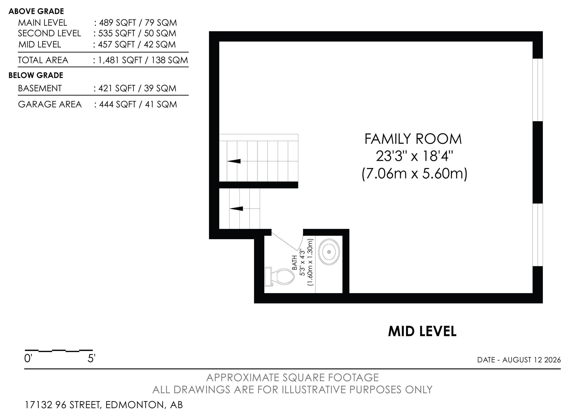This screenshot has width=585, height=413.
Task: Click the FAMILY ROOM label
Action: (413, 139)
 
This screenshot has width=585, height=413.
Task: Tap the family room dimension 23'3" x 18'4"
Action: (415, 156)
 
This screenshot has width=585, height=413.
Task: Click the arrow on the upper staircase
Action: (234, 161)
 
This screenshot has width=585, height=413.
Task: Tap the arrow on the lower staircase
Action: (236, 209)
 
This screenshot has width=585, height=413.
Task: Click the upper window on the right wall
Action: (538, 90)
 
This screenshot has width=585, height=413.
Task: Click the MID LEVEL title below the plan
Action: (422, 332)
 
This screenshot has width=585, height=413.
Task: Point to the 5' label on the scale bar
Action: (91, 359)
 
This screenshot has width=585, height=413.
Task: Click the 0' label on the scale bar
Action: (28, 359)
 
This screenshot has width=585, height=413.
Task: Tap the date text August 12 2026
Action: (531, 360)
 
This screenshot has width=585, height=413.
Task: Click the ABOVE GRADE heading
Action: (36, 11)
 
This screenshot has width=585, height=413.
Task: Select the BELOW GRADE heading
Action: (36, 75)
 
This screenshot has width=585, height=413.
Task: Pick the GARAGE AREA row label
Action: (50, 104)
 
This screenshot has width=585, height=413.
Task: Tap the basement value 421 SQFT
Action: (117, 88)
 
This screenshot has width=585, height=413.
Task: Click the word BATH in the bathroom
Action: (295, 263)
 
